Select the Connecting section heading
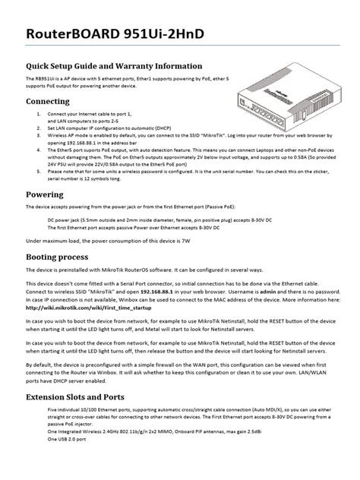tap(48, 100)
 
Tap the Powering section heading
tap(44, 195)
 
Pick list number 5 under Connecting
tap(39, 176)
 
